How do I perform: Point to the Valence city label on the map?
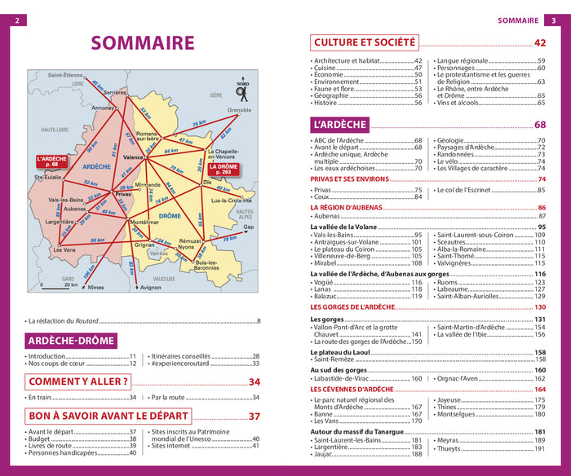[x=133, y=156]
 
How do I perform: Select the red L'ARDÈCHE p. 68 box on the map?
[x=51, y=161]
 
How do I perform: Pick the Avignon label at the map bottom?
[x=150, y=287]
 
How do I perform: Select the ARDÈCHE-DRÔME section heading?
[x=70, y=341]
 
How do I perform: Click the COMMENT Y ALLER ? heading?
[x=78, y=381]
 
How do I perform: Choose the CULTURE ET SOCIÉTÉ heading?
[x=365, y=42]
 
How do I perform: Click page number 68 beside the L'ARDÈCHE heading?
[x=539, y=125]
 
